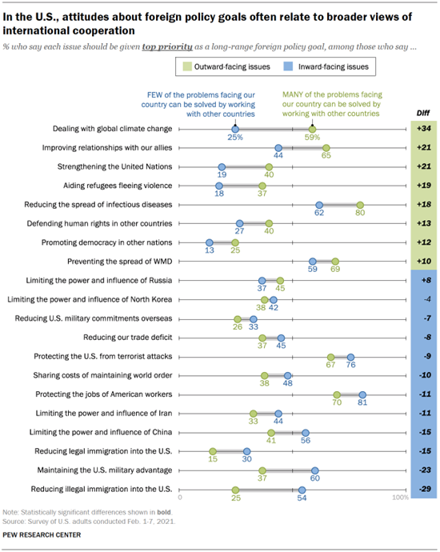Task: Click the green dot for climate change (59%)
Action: [312, 129]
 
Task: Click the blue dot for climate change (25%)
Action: [235, 129]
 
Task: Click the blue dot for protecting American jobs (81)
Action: [362, 394]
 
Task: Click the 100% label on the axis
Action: [399, 498]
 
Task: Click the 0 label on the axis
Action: [181, 498]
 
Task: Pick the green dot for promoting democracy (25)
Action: [235, 242]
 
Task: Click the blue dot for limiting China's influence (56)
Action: [306, 432]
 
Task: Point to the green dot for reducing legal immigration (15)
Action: [213, 451]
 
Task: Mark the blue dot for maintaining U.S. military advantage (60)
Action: [315, 470]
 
